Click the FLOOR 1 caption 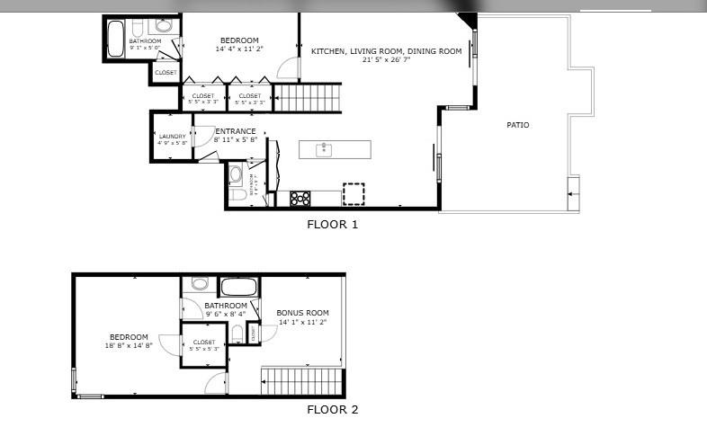tap(333, 225)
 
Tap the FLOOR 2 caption tap(333, 410)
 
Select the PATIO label tap(517, 125)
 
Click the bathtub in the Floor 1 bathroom tap(116, 39)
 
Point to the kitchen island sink tap(326, 149)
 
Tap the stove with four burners tap(300, 198)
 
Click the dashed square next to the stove tap(353, 195)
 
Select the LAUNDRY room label tap(172, 137)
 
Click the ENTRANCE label tap(236, 131)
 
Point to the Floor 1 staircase tap(308, 97)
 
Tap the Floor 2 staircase tap(302, 381)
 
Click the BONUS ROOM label tap(302, 313)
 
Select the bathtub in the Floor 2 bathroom tap(238, 289)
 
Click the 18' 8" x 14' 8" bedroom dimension tap(130, 345)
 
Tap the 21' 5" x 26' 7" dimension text tap(386, 61)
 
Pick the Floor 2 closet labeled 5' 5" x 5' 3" tap(204, 345)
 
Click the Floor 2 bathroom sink tap(201, 284)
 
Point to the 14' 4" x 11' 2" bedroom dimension tap(239, 49)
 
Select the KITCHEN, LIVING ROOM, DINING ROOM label tap(386, 51)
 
